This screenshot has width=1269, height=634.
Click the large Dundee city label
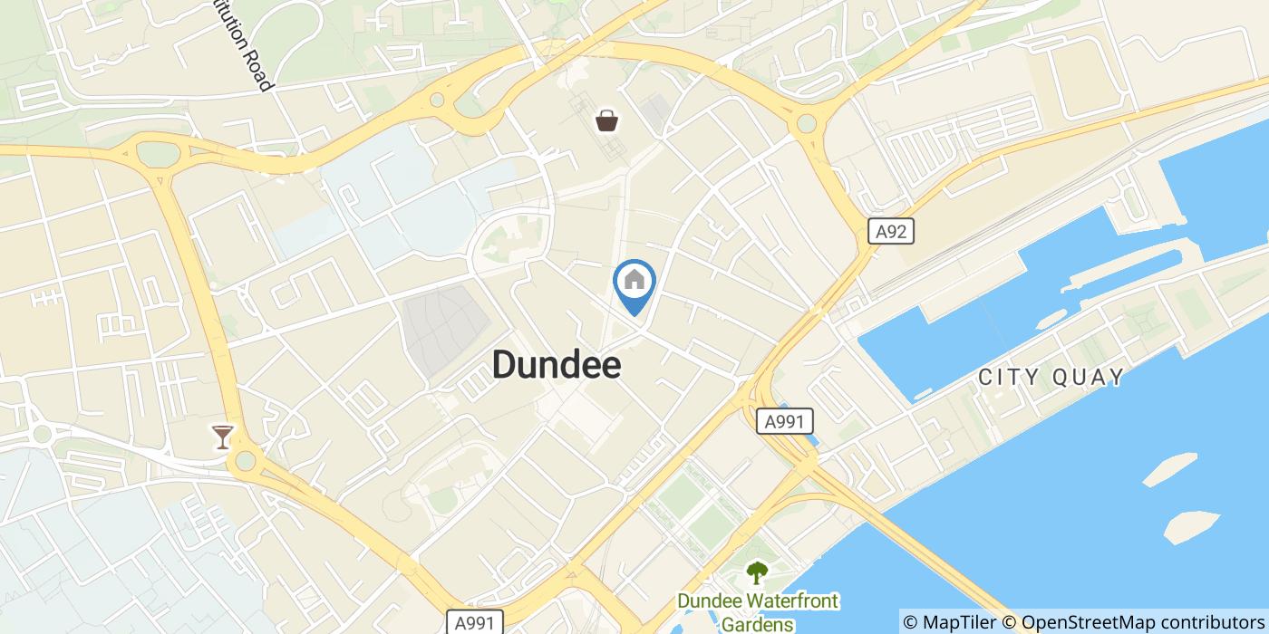557,365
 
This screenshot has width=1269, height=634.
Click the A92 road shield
891,232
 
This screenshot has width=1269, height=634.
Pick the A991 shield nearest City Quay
785,421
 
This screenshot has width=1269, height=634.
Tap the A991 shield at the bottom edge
475,622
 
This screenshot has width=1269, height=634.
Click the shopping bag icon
605,120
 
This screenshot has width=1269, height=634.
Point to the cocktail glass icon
221,437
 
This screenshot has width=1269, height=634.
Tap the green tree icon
756,572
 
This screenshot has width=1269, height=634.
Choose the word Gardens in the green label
758,623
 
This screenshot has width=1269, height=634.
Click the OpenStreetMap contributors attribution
1133,622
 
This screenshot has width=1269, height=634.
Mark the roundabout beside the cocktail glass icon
243,462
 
